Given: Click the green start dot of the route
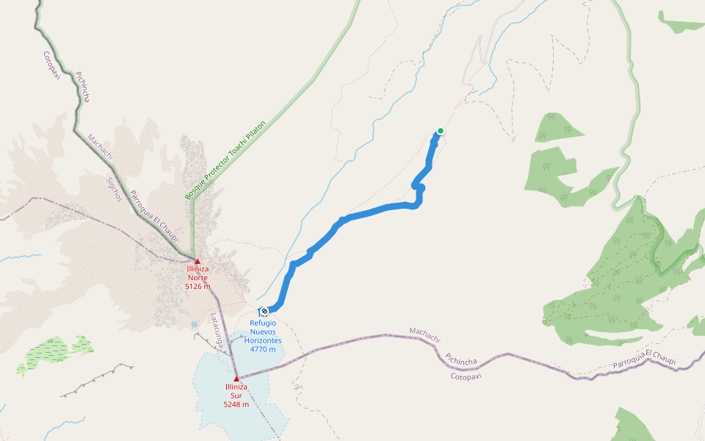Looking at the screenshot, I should (x=440, y=131).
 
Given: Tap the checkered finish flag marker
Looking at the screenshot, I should (x=264, y=311).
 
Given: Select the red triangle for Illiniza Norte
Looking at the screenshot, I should (x=197, y=261).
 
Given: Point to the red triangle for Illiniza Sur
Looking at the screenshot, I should (x=236, y=379).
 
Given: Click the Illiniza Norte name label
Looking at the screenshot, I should (x=198, y=273).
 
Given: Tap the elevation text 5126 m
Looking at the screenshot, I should (x=198, y=286).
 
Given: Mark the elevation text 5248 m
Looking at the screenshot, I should (x=236, y=404).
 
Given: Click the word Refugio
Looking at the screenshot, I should (x=263, y=323).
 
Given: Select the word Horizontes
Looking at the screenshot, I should (x=263, y=340).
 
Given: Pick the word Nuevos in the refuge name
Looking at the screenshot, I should (x=263, y=331).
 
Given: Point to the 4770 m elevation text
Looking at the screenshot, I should (x=263, y=349).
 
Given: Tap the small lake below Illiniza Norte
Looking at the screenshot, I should (x=193, y=323).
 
